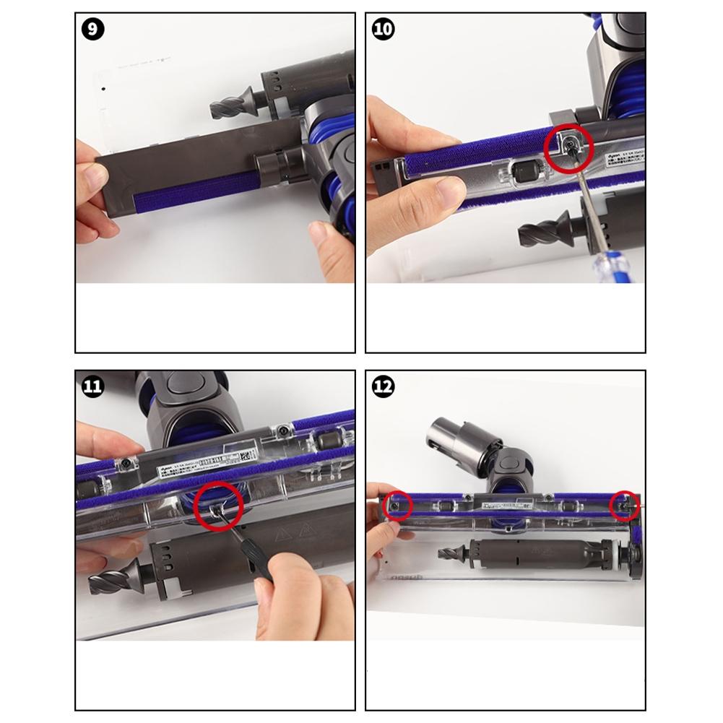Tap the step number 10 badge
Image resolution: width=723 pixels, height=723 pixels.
tap(383, 30)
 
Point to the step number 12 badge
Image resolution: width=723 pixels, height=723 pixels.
tap(383, 387)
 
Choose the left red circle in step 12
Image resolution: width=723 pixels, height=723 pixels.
tap(398, 505)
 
